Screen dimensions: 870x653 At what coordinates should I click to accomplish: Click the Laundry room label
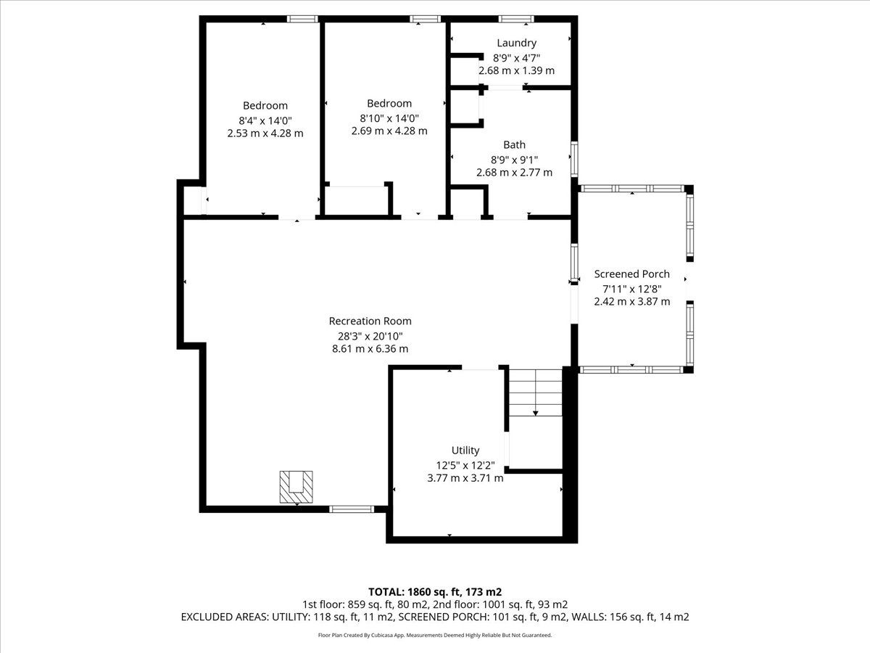[516, 43]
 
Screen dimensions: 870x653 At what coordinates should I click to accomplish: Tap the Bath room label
[515, 144]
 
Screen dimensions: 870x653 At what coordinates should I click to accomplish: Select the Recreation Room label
[370, 321]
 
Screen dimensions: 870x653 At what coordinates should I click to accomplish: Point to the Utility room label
[465, 450]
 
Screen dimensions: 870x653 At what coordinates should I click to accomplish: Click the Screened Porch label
[631, 274]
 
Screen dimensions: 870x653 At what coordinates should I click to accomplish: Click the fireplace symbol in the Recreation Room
[296, 487]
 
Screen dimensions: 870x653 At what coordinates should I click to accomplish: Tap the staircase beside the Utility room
[536, 393]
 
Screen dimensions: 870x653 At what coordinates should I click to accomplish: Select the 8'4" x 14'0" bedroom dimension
[265, 120]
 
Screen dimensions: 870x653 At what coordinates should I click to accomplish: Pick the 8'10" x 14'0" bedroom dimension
[389, 118]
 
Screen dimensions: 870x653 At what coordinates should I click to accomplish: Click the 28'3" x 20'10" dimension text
[370, 336]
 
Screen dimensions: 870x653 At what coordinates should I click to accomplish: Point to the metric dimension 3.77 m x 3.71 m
[465, 477]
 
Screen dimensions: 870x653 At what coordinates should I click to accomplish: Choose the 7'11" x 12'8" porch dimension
[631, 289]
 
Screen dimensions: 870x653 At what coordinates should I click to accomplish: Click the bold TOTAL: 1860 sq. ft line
[435, 592]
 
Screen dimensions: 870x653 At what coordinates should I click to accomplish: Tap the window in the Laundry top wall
[515, 19]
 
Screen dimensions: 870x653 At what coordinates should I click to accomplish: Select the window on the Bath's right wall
[574, 159]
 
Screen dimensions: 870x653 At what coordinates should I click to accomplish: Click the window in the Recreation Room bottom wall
[352, 509]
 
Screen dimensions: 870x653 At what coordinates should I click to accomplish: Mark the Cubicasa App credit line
[435, 635]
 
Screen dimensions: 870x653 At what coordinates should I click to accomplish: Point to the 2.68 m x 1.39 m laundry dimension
[516, 70]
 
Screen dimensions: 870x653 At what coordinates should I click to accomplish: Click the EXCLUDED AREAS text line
[435, 617]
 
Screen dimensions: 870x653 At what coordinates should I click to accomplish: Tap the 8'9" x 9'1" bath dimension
[515, 160]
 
